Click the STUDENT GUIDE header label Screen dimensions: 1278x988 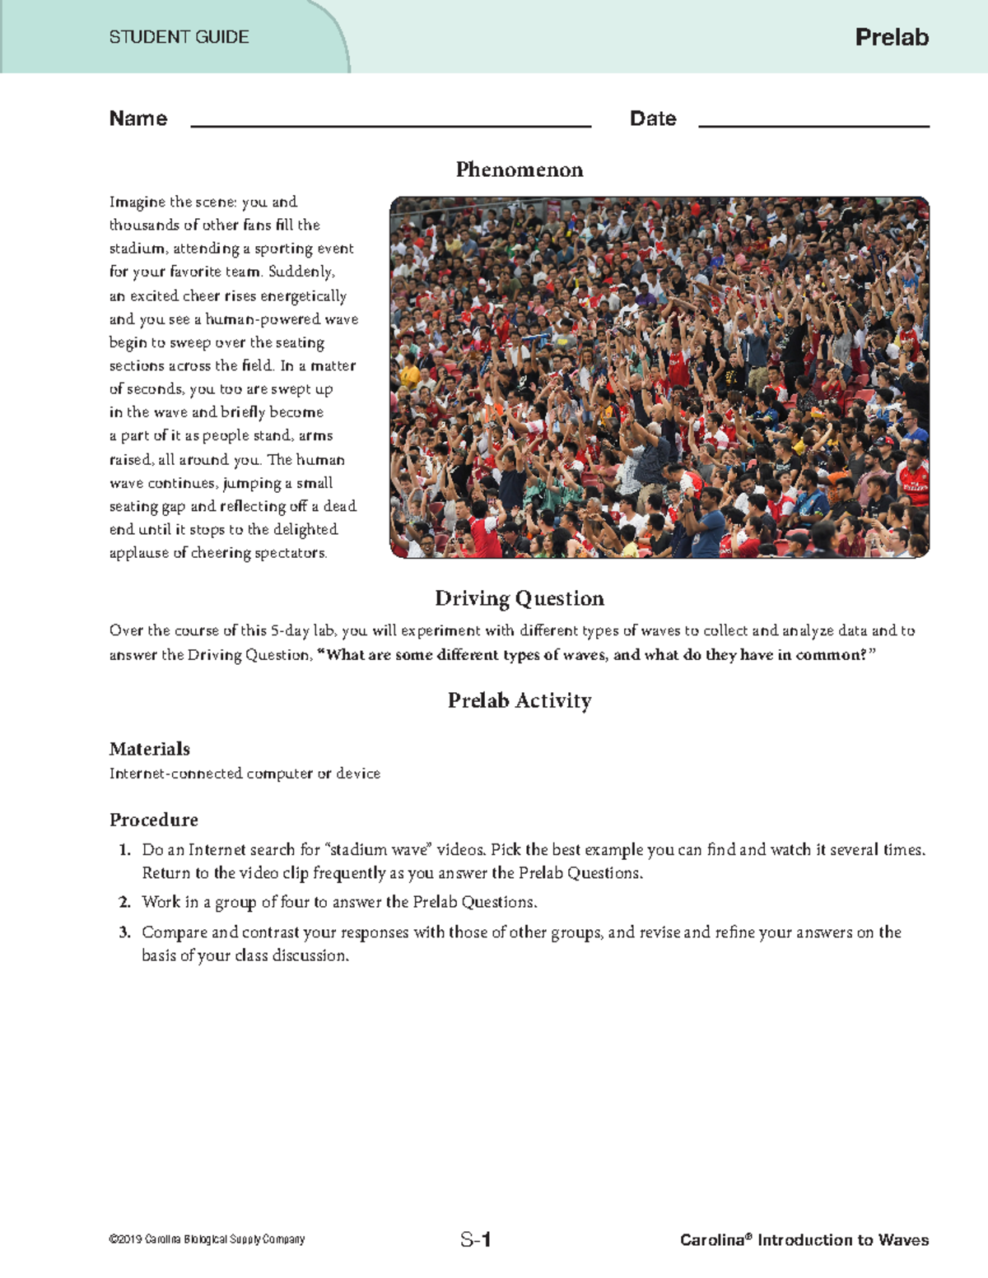[x=179, y=37]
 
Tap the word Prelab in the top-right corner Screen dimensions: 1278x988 [x=892, y=37]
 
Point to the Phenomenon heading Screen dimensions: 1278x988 [x=520, y=170]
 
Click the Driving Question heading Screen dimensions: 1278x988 [x=520, y=598]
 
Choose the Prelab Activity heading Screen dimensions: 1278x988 [x=520, y=700]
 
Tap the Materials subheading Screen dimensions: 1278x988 [x=150, y=749]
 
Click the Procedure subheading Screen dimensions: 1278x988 [x=154, y=820]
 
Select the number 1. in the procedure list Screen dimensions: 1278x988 [x=124, y=850]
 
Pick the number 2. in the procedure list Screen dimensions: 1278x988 [x=124, y=903]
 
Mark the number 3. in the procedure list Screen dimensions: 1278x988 [x=124, y=932]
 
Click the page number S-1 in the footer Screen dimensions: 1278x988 [x=476, y=1239]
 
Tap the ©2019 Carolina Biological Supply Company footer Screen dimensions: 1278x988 [x=207, y=1239]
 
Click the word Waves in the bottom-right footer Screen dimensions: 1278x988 [x=903, y=1240]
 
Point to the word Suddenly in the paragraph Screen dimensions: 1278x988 [x=301, y=272]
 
